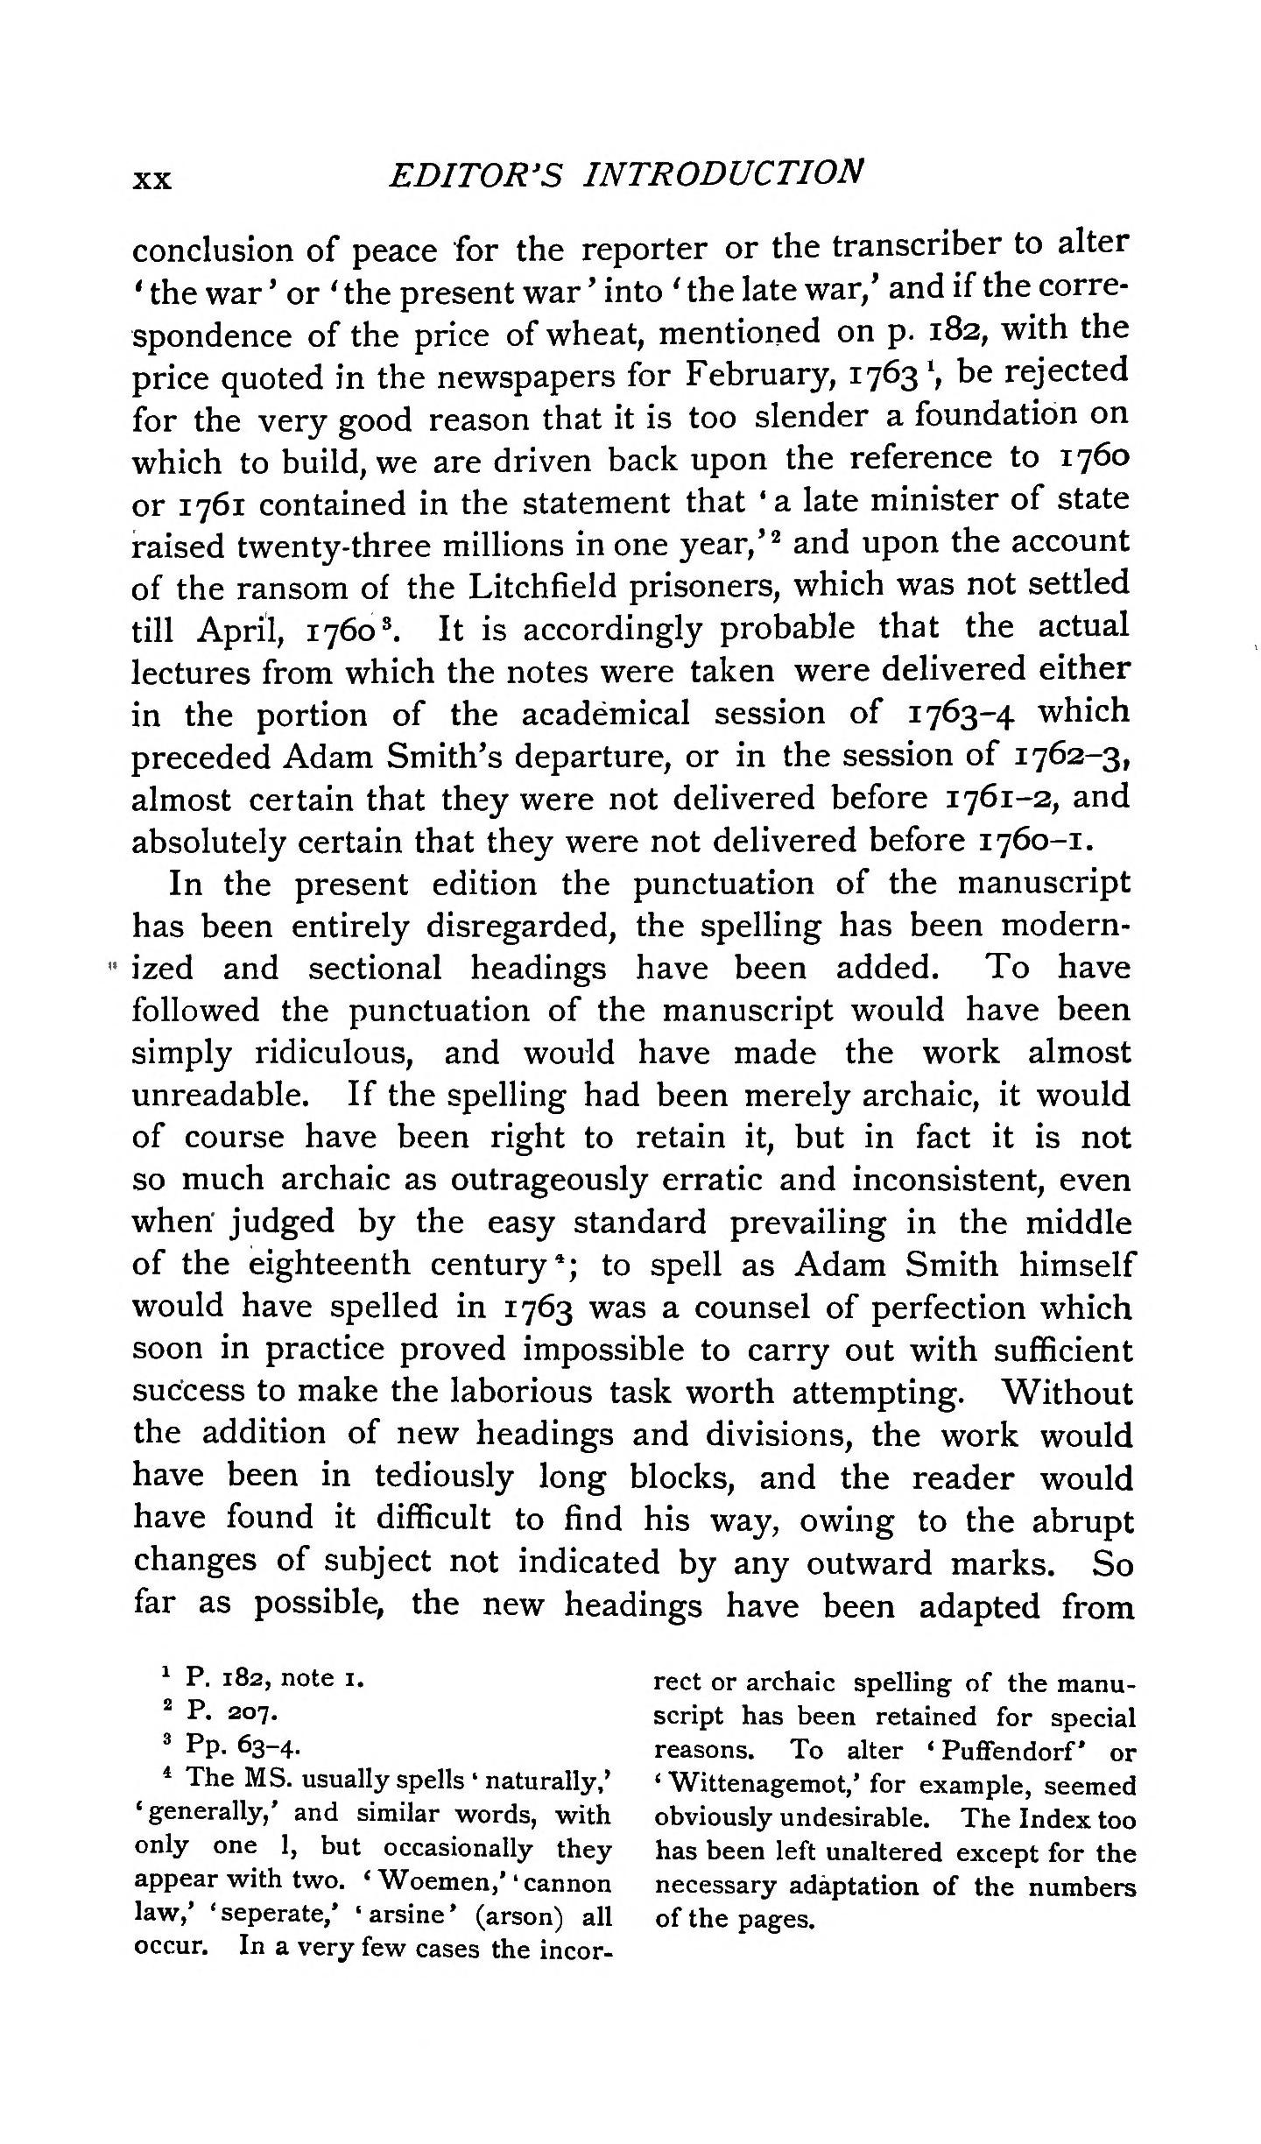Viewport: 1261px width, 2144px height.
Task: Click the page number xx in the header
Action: pyautogui.click(x=151, y=180)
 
